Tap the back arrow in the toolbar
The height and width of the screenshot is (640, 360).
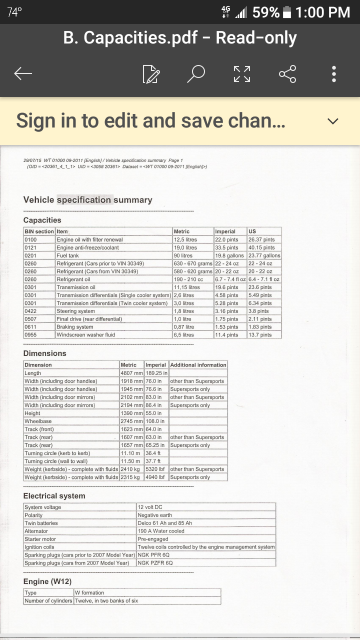click(23, 74)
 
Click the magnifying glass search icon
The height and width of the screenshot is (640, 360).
click(196, 74)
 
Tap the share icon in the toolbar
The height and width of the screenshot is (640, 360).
click(287, 74)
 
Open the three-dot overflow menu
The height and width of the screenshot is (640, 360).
click(334, 74)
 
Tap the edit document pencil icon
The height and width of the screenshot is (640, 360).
click(150, 74)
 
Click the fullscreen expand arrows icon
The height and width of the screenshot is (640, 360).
click(242, 74)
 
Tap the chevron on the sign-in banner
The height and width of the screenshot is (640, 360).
click(332, 121)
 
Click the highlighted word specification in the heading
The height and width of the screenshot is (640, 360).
click(84, 200)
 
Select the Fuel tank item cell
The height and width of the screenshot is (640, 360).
click(68, 255)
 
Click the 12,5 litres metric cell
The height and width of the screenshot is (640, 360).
click(185, 239)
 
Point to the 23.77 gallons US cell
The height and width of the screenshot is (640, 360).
click(264, 255)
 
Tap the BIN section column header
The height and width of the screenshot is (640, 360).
click(39, 231)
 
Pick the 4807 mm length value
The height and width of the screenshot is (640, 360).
click(131, 373)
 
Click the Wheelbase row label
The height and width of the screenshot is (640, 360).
click(38, 421)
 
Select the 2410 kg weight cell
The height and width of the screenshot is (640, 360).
click(130, 469)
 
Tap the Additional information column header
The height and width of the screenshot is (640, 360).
click(198, 365)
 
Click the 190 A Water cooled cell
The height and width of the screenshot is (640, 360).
click(161, 531)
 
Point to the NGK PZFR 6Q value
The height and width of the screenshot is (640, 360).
click(155, 563)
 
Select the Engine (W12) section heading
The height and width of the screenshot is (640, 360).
click(47, 581)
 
